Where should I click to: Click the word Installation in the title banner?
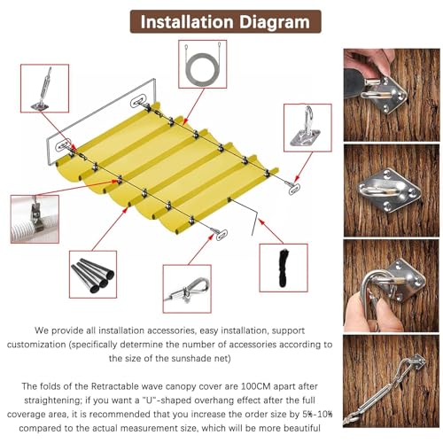tap(187, 22)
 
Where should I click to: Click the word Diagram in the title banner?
tap(275, 22)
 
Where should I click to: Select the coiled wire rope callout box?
tap(203, 64)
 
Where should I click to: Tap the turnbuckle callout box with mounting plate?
tap(44, 89)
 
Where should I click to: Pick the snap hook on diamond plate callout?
tap(307, 128)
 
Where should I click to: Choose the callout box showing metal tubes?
tap(93, 275)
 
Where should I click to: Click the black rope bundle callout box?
tap(284, 268)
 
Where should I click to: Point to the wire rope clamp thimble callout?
tap(187, 289)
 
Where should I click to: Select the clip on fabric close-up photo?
tap(35, 219)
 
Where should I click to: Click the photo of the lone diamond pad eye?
tap(392, 190)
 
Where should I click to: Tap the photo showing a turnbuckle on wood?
tap(392, 381)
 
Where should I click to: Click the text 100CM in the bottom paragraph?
tap(255, 386)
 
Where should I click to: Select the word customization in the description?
tap(36, 345)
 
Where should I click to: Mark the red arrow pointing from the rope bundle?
tap(271, 231)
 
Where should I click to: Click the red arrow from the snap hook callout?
tap(303, 167)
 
